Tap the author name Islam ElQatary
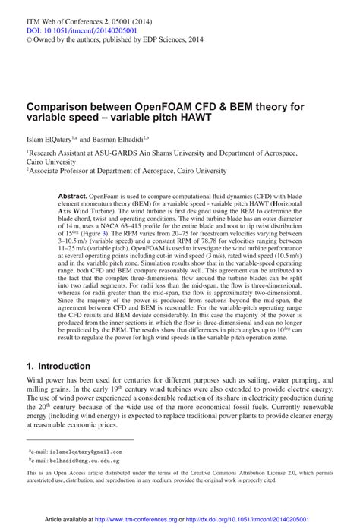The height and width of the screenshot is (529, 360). pyautogui.click(x=49, y=140)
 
